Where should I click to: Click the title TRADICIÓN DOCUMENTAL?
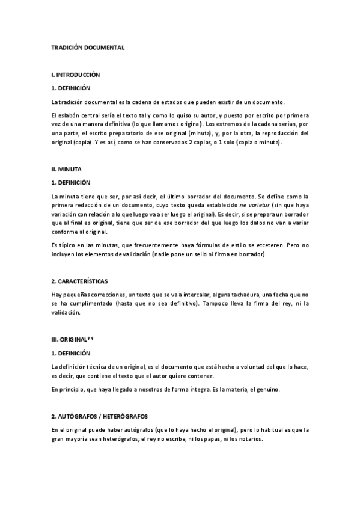pyautogui.click(x=88, y=46)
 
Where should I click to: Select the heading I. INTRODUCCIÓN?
pyautogui.click(x=76, y=75)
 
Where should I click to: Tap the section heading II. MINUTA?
pyautogui.click(x=67, y=170)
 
